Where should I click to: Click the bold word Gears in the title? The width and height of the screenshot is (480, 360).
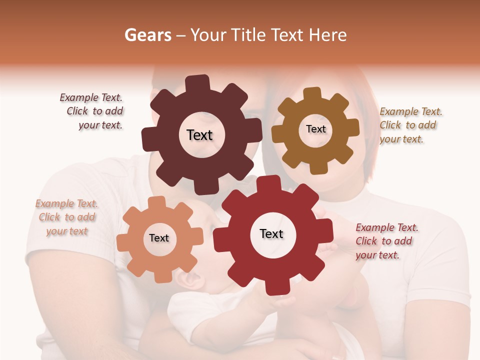[147, 35]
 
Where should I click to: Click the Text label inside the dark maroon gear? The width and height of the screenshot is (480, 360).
[199, 135]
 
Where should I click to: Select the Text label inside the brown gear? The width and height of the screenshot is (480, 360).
[315, 129]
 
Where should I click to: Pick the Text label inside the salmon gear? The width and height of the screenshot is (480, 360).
[159, 238]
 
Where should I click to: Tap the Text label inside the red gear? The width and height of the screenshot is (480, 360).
[271, 233]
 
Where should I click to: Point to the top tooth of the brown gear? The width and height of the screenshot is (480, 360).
[312, 94]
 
